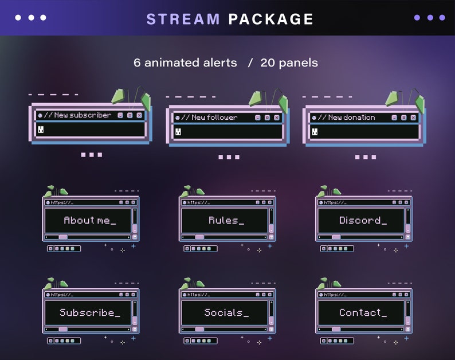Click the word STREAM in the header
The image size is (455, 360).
click(183, 19)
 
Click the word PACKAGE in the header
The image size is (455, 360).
click(270, 19)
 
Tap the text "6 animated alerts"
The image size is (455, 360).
click(185, 62)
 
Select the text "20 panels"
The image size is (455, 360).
click(289, 62)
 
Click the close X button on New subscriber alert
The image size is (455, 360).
click(139, 115)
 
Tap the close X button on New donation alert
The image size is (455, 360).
click(413, 118)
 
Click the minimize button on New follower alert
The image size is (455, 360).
click(258, 118)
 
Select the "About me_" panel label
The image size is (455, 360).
click(89, 220)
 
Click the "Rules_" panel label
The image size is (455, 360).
click(226, 220)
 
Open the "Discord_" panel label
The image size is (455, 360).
click(362, 220)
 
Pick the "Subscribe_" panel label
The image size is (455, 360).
click(89, 312)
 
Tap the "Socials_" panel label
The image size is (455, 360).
click(226, 312)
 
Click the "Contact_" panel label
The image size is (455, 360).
click(362, 312)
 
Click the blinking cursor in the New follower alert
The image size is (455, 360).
click(178, 132)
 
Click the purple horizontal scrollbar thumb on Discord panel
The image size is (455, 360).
click(336, 237)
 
